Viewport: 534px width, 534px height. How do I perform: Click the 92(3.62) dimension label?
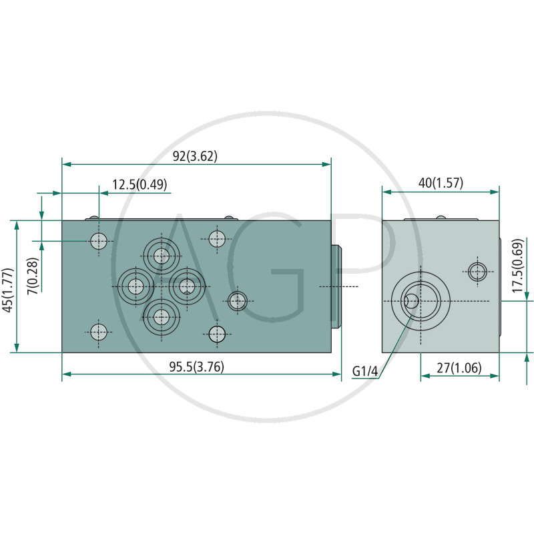(195, 156)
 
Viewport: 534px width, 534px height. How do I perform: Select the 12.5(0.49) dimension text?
(140, 185)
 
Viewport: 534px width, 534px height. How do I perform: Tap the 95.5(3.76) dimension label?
(196, 366)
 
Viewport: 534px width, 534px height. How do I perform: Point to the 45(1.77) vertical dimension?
(8, 290)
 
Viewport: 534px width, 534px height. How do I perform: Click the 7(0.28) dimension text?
(33, 276)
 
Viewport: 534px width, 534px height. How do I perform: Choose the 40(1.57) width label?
(441, 183)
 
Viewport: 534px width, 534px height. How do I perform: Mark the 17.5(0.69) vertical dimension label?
(518, 266)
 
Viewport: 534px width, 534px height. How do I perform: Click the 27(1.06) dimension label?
(459, 368)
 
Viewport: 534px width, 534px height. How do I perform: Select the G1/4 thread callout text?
(365, 371)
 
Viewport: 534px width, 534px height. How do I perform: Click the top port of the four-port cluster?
(162, 256)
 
